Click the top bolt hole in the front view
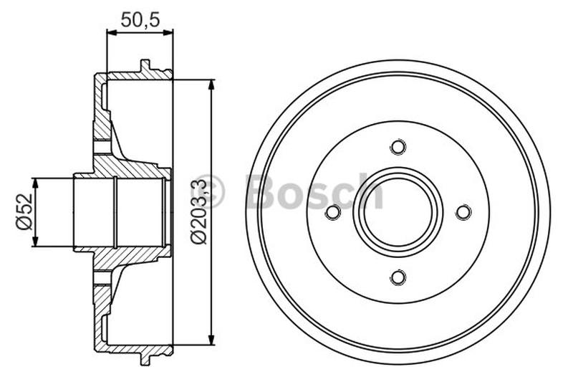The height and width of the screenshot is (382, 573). [398, 147]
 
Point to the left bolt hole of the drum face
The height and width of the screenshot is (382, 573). [332, 212]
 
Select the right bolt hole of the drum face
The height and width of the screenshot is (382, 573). [463, 212]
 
